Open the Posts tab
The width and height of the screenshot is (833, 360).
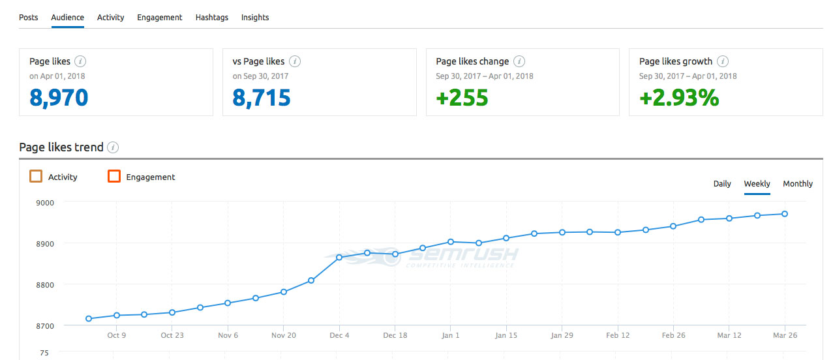coord(29,18)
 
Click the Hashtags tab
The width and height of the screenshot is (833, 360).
coord(212,18)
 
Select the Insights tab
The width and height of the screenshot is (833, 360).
coord(255,18)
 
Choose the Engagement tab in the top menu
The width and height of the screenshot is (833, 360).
coord(160,18)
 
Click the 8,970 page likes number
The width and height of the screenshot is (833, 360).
coord(59,98)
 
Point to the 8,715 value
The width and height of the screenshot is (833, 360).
coord(262,98)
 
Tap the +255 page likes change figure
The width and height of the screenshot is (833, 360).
coord(462,98)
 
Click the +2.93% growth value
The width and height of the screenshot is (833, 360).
coord(679,98)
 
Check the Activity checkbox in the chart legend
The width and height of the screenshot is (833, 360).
coord(36,177)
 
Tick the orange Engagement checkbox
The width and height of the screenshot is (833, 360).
coord(114,177)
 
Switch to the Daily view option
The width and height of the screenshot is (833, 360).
coord(722,184)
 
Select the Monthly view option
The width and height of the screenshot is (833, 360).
coord(798,184)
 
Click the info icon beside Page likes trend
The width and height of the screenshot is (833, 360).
coord(113,147)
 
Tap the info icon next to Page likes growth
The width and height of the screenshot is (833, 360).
coord(722,62)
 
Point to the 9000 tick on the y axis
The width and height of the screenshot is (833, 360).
coord(45,202)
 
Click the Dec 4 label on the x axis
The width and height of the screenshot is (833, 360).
coord(339,335)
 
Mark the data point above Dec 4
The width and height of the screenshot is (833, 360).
coord(339,258)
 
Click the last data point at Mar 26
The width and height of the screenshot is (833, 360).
coord(785,214)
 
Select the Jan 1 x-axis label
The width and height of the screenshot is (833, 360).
coord(450,335)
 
